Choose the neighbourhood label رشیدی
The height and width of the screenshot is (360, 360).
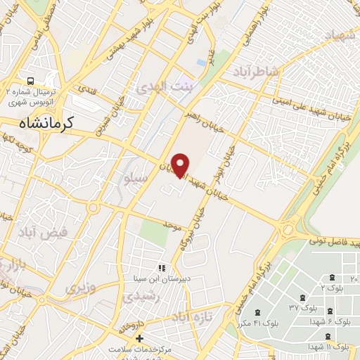tap(138, 298)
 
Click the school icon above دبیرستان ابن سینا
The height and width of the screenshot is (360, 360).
tap(162, 268)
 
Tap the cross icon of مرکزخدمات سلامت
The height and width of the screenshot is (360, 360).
tap(140, 339)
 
